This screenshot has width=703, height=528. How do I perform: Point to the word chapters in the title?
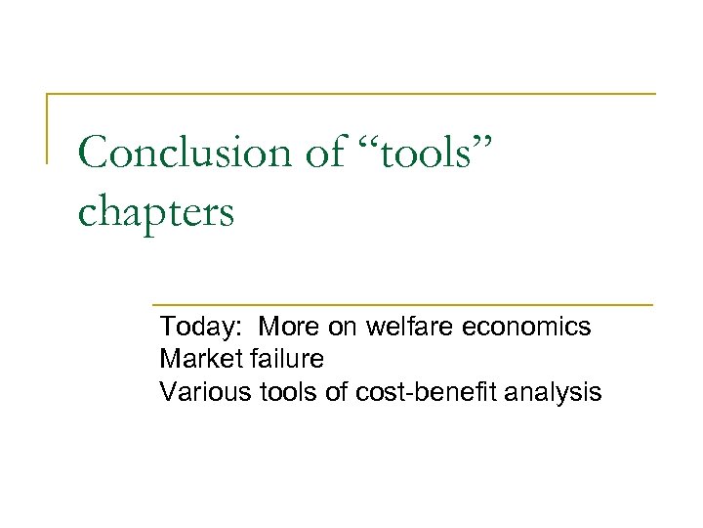(156, 211)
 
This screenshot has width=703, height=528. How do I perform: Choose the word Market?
(196, 359)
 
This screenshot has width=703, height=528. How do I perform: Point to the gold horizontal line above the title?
(351, 94)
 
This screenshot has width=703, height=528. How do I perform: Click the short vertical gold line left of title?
(47, 127)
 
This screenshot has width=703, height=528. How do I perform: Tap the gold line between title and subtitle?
(400, 304)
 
